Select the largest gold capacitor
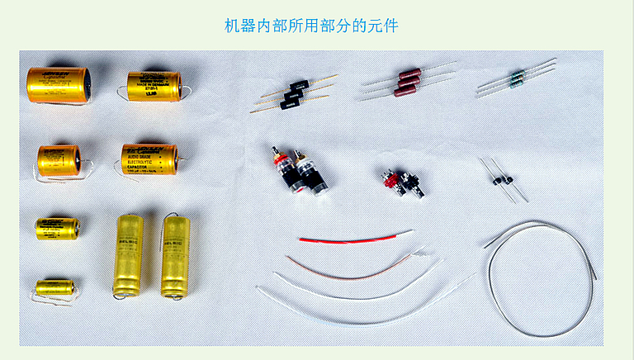pyautogui.click(x=59, y=86)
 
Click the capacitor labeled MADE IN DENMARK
pyautogui.click(x=154, y=86)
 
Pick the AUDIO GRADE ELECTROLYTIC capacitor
pyautogui.click(x=149, y=159)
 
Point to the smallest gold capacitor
pyautogui.click(x=54, y=288)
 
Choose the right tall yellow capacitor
pyautogui.click(x=176, y=257)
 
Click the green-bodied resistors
pyautogui.click(x=517, y=79)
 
